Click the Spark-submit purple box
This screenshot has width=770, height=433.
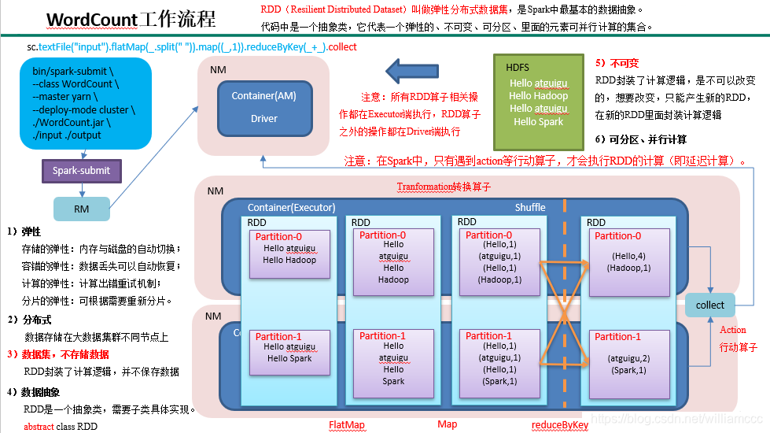(82, 170)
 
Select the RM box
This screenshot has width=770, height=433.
(82, 209)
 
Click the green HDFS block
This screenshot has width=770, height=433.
(539, 102)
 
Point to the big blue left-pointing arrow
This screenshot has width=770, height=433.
(428, 73)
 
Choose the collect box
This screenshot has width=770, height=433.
(710, 305)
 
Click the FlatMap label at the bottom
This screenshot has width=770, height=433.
(347, 425)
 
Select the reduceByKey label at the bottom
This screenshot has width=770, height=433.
(560, 425)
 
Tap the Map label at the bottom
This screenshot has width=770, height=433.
(448, 424)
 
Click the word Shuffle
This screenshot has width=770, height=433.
(530, 207)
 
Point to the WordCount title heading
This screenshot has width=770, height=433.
(131, 19)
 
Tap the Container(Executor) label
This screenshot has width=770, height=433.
(291, 208)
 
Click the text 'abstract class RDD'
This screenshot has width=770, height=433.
(61, 427)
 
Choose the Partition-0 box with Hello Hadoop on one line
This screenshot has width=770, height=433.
(289, 253)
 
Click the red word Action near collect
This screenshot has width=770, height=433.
(733, 330)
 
